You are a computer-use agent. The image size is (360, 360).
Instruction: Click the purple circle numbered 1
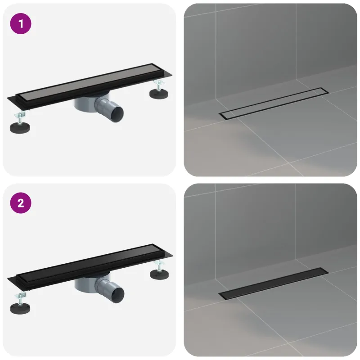21,24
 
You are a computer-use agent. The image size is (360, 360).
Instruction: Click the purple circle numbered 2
21,203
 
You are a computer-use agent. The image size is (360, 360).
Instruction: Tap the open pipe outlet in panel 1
117,113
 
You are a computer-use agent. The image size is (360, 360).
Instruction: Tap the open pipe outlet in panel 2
117,294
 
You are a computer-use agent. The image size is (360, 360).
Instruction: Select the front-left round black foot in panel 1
20,127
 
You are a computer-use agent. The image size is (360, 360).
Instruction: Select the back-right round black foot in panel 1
159,94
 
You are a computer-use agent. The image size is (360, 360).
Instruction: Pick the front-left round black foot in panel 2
20,308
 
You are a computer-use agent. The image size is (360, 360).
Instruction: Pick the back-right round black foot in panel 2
159,274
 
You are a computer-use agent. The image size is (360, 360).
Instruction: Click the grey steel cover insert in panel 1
89,83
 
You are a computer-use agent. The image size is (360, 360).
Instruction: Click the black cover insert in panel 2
90,263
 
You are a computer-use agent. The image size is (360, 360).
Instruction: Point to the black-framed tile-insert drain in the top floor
274,103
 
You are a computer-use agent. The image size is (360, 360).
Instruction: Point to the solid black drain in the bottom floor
274,283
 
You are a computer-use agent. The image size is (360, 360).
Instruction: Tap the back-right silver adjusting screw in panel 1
159,85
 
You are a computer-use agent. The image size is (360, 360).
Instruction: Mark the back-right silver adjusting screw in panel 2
159,265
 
